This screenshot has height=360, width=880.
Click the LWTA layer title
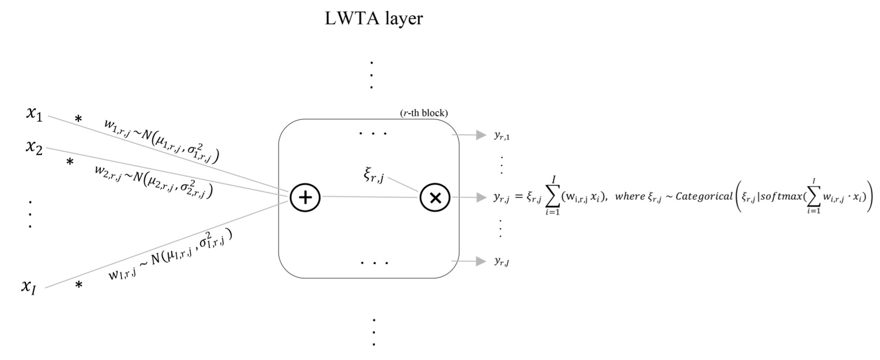(x=374, y=19)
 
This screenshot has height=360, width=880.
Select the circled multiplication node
(x=435, y=197)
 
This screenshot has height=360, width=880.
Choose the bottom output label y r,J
(x=502, y=261)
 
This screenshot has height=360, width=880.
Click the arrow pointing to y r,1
(x=469, y=135)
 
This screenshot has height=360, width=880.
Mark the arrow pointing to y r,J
(x=469, y=261)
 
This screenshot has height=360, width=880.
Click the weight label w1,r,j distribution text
(x=164, y=139)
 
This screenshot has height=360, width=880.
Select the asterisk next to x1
(x=78, y=120)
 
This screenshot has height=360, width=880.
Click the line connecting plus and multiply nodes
(x=369, y=197)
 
